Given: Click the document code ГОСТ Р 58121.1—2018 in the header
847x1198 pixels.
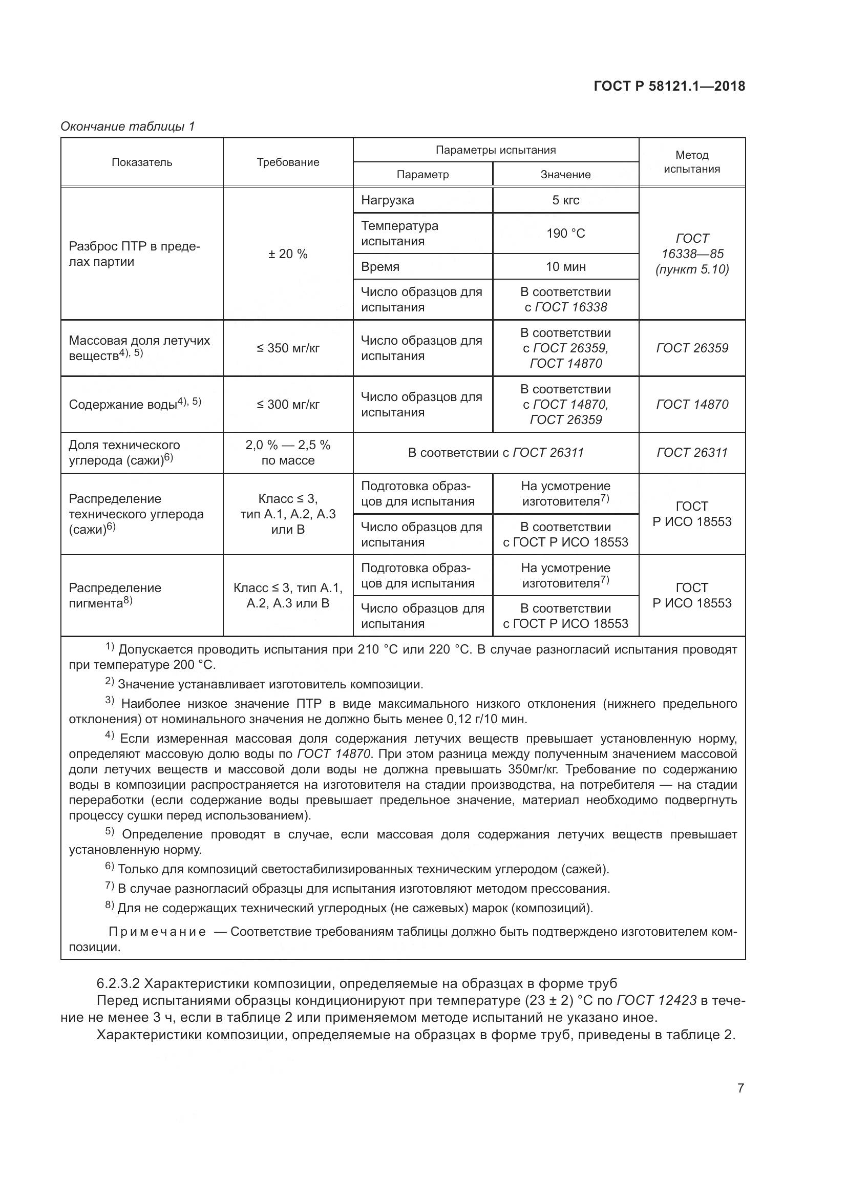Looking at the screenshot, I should [x=669, y=86].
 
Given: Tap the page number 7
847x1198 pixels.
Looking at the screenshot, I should [x=740, y=1088].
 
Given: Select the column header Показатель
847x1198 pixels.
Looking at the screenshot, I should [x=141, y=162].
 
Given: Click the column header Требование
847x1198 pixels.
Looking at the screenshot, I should [x=288, y=162].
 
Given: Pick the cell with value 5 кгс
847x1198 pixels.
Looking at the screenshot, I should [x=565, y=200].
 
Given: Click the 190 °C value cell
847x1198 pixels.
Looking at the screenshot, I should [x=565, y=233].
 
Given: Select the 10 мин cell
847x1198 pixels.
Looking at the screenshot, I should [x=565, y=267].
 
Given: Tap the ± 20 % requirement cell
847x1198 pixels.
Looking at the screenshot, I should [x=288, y=254].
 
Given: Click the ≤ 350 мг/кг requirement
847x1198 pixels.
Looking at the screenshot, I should [x=288, y=348].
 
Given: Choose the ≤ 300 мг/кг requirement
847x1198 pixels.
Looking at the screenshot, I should [x=288, y=405].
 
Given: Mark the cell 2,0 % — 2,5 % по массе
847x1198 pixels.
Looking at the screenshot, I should [x=288, y=452].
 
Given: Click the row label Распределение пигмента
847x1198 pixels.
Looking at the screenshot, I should [x=115, y=595].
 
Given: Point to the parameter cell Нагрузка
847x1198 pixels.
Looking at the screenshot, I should [x=388, y=200].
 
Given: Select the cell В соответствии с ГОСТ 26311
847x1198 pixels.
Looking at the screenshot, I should [x=496, y=452].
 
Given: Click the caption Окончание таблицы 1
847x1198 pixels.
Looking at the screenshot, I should [x=128, y=127].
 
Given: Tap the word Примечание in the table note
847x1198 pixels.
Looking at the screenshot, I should [x=157, y=932].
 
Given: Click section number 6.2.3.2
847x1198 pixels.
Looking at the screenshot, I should [x=118, y=983].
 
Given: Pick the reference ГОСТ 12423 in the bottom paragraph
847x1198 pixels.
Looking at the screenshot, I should [x=656, y=1000].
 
